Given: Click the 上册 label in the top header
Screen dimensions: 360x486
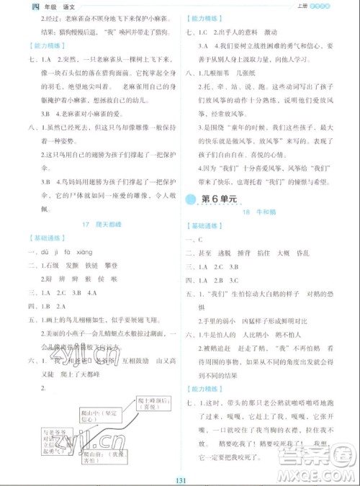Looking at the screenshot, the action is (x=298, y=7).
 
